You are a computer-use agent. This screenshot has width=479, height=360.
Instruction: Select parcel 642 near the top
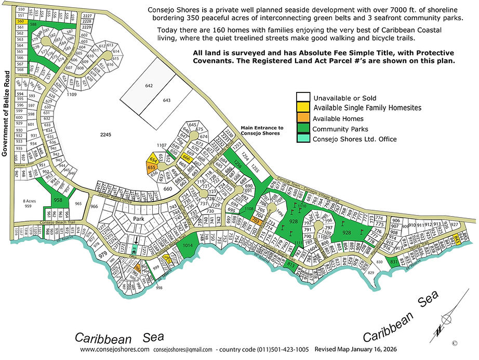(x=150, y=86)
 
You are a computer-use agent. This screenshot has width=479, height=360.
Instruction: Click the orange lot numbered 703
(x=256, y=220)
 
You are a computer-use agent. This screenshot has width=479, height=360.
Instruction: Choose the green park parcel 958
(x=59, y=199)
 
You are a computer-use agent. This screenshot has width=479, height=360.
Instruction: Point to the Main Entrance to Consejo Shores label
(x=262, y=130)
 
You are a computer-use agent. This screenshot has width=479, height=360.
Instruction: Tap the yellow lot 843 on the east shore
(x=457, y=238)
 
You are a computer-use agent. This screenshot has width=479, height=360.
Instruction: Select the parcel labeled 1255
(x=255, y=169)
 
